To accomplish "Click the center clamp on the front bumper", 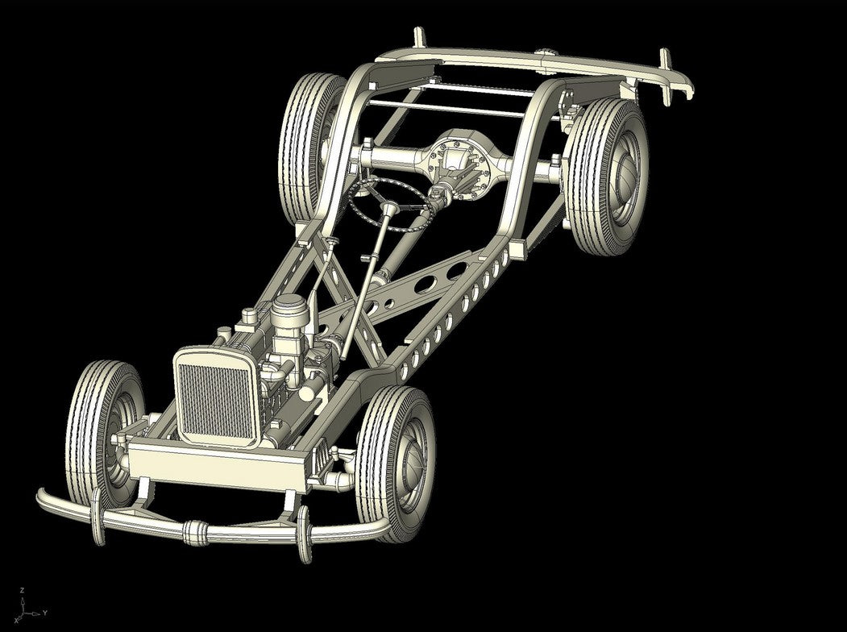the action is [196, 533].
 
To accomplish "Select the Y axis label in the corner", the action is [45, 613].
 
